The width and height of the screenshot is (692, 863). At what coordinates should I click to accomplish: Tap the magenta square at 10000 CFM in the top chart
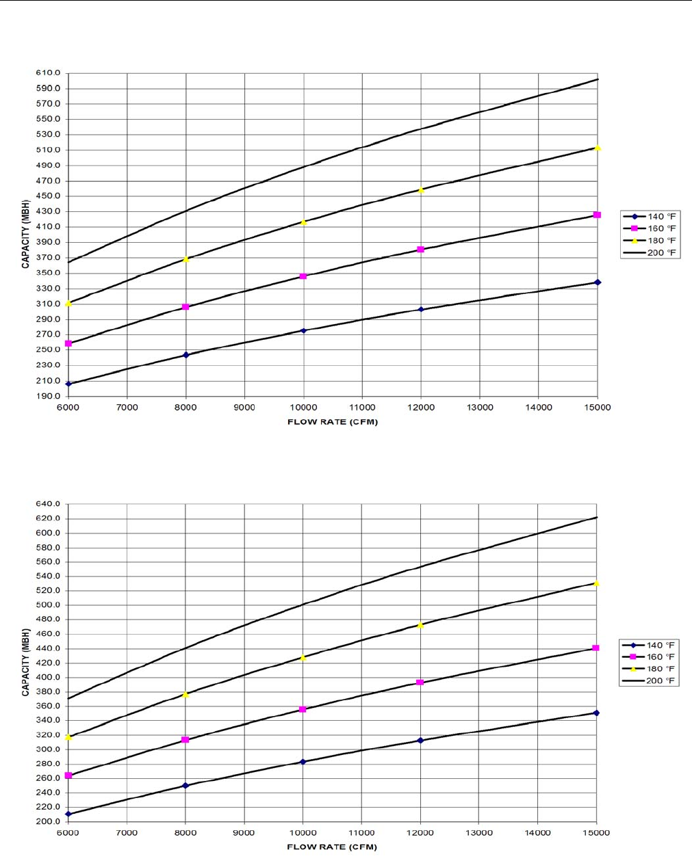click(303, 276)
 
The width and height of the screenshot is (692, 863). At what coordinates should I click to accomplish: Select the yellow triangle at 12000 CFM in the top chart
click(421, 190)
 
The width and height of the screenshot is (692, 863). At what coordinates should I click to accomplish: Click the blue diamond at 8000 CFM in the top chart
click(185, 355)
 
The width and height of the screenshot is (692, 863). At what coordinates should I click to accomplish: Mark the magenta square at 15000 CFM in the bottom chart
click(595, 648)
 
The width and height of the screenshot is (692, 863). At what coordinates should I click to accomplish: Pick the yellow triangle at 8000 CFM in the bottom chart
click(185, 695)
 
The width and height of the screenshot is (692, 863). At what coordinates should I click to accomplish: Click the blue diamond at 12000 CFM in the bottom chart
click(420, 741)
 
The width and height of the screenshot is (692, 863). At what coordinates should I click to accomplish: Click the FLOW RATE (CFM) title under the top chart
click(333, 422)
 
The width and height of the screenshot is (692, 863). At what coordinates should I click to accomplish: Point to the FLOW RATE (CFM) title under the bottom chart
click(332, 847)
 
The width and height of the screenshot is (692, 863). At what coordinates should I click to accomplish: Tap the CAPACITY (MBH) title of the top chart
click(26, 235)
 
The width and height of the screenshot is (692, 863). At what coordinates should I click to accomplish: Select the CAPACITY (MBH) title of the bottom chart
click(26, 663)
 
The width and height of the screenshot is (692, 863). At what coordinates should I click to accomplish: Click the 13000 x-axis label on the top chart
click(479, 408)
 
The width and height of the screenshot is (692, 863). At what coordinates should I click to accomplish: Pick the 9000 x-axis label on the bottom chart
click(244, 833)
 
